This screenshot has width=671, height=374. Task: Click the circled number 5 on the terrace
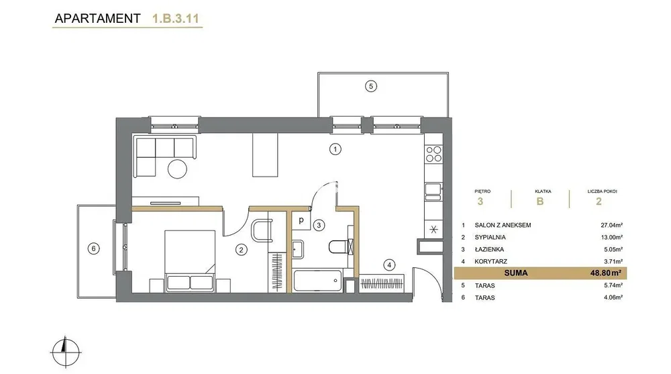pyautogui.click(x=371, y=86)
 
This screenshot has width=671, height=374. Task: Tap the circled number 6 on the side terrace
pyautogui.click(x=93, y=248)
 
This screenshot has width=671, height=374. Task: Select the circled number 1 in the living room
pyautogui.click(x=335, y=149)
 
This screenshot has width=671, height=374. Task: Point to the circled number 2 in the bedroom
pyautogui.click(x=242, y=250)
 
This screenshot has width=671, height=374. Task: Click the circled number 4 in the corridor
pyautogui.click(x=389, y=265)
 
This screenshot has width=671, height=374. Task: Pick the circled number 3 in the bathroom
pyautogui.click(x=319, y=225)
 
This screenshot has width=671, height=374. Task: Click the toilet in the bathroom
pyautogui.click(x=341, y=247)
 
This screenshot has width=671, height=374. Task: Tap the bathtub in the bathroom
pyautogui.click(x=318, y=281)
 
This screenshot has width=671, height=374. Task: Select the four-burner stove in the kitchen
pyautogui.click(x=433, y=154)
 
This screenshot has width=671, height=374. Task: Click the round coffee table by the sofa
pyautogui.click(x=177, y=169)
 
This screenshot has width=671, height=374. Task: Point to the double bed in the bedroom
pyautogui.click(x=190, y=261)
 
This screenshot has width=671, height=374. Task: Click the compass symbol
pyautogui.click(x=66, y=352)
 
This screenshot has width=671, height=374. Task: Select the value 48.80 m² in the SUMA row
pyautogui.click(x=605, y=273)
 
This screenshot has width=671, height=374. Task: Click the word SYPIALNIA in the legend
pyautogui.click(x=490, y=237)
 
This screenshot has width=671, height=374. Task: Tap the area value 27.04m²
pyautogui.click(x=611, y=225)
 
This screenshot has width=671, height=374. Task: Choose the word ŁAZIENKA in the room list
pyautogui.click(x=489, y=249)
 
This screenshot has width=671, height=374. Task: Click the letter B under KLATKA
pyautogui.click(x=540, y=201)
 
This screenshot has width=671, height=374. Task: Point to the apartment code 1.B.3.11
pyautogui.click(x=175, y=19)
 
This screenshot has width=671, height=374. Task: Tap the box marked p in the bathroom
pyautogui.click(x=301, y=221)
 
